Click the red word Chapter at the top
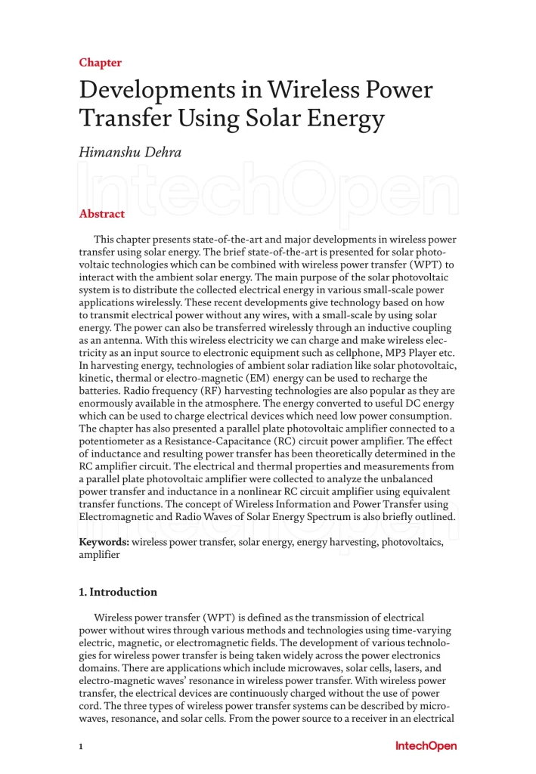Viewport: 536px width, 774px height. (100, 63)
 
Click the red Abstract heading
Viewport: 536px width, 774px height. (102, 214)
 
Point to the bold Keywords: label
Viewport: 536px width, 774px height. (104, 542)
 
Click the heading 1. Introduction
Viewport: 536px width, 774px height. (118, 592)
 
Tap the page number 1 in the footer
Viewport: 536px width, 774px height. (80, 747)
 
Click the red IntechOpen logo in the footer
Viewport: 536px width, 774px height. (426, 747)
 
